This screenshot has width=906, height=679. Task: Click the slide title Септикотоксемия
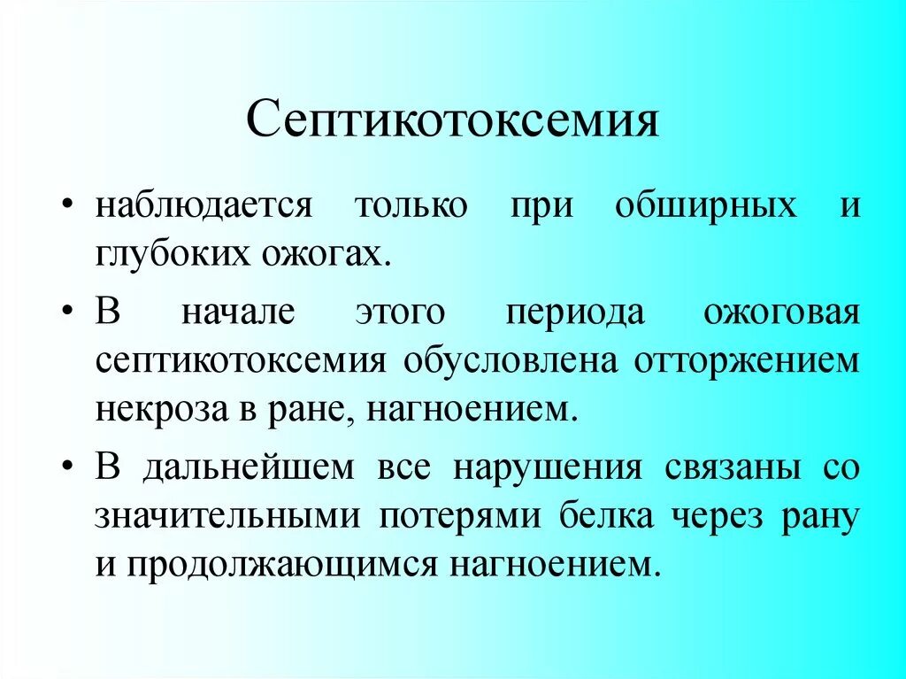[452, 122]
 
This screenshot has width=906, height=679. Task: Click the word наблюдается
[204, 206]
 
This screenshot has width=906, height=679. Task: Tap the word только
[411, 206]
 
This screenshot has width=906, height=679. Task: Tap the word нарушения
[548, 467]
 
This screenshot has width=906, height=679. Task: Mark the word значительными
[227, 516]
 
